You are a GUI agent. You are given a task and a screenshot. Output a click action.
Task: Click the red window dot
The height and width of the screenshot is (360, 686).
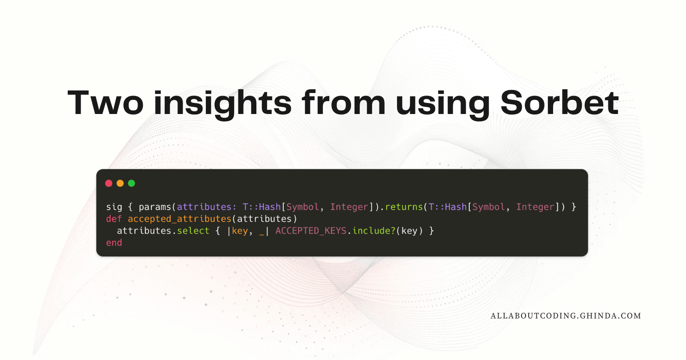point(109,183)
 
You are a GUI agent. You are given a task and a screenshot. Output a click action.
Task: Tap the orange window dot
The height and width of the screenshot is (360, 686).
point(120,183)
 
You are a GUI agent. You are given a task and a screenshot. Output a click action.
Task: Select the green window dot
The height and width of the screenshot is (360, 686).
point(131,183)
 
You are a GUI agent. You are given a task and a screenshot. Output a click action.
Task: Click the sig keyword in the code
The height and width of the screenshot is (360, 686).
point(114,207)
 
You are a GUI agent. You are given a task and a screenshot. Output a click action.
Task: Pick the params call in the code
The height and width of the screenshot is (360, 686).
point(155,207)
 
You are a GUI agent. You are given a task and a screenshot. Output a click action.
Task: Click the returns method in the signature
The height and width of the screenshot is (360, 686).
point(403,207)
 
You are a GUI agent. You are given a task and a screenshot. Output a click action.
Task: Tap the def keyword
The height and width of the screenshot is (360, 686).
point(114,219)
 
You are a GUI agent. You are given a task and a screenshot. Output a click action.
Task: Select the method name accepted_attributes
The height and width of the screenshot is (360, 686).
point(180,219)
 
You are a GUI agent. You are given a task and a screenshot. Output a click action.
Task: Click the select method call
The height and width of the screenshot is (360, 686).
point(193,231)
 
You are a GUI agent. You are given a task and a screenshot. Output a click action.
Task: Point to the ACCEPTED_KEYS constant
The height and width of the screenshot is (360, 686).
point(311,231)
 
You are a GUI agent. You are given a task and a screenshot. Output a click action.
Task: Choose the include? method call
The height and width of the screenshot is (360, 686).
point(373,231)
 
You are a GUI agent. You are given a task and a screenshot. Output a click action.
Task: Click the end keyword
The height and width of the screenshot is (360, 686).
point(114,243)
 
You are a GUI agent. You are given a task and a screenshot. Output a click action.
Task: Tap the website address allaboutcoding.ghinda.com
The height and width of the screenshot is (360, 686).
point(566,316)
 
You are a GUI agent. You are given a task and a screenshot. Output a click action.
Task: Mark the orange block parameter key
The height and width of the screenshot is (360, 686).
point(240,231)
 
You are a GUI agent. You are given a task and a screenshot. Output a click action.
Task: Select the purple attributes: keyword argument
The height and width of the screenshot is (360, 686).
point(207,207)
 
